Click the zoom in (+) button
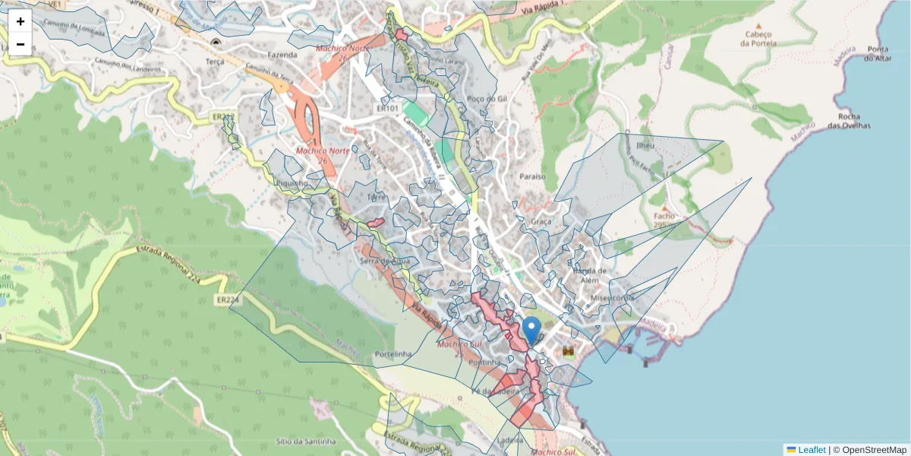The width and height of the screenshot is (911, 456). coord(20,21)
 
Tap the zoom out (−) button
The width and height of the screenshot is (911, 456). coord(20,44)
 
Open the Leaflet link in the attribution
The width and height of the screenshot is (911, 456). coord(811,449)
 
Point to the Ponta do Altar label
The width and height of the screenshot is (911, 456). coord(878,53)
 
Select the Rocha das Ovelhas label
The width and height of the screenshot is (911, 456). coord(854,121)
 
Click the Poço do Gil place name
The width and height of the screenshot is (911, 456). coord(487,99)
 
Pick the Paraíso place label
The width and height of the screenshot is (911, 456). coord(532,176)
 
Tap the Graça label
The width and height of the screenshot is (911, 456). coord(541,221)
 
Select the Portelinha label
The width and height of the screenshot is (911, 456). coord(392,354)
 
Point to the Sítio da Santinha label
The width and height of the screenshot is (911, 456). coord(296,441)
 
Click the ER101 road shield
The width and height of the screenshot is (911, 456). coord(387,109)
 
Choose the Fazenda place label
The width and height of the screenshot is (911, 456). coord(282,55)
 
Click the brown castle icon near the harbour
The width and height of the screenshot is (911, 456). coord(568,351)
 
